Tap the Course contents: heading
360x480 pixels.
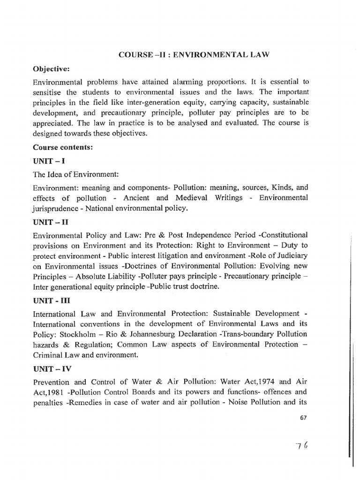pos(61,147)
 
